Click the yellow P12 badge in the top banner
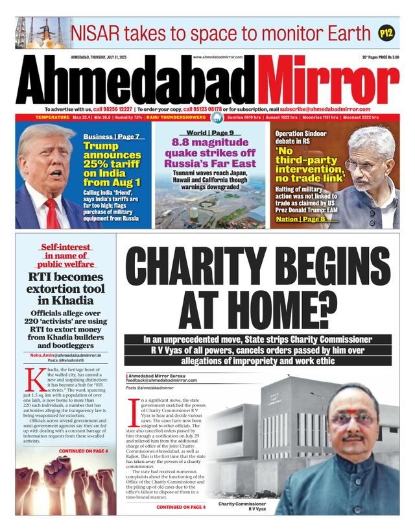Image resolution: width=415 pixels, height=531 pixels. [x=386, y=32]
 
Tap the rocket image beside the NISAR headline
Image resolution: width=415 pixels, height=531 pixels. [x=41, y=33]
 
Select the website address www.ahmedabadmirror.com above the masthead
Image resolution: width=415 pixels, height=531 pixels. [x=218, y=57]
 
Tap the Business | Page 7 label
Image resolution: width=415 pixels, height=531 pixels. [x=111, y=137]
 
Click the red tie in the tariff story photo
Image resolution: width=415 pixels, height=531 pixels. [x=51, y=212]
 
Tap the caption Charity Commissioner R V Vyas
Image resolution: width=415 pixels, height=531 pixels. [x=242, y=506]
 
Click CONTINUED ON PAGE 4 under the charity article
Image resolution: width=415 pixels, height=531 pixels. [x=181, y=506]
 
